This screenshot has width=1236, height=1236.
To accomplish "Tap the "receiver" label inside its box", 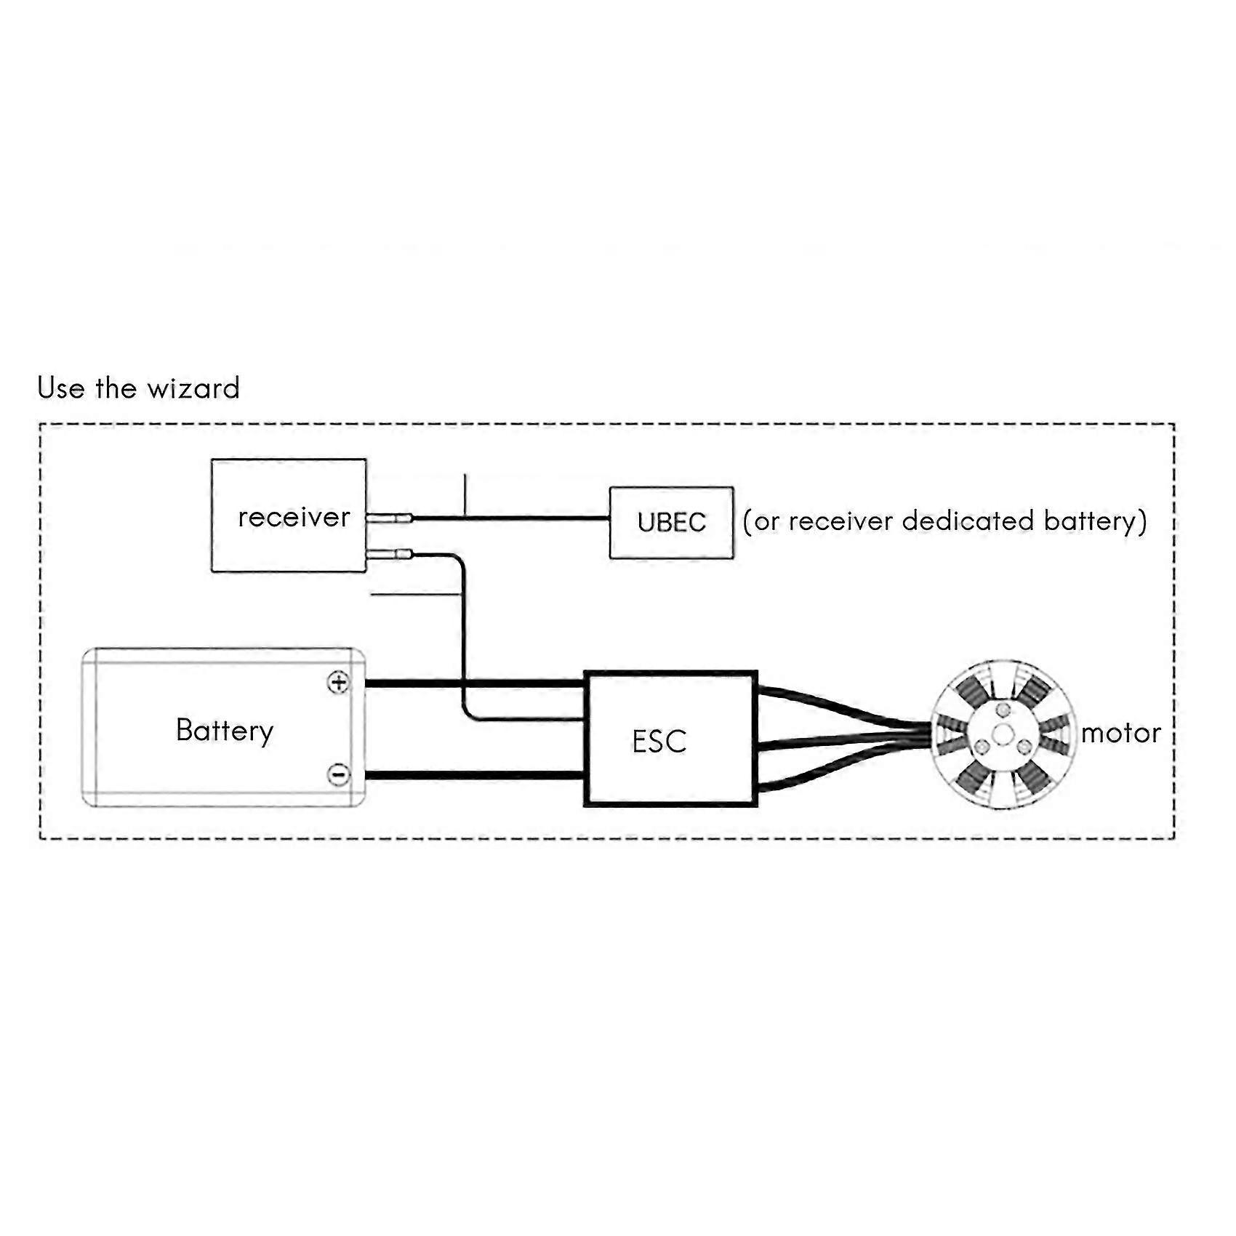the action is (294, 517).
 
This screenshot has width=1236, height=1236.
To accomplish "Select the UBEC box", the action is (671, 523).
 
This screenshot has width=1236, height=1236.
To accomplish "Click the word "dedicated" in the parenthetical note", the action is (968, 521).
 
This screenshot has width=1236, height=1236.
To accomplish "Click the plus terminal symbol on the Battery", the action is (338, 683).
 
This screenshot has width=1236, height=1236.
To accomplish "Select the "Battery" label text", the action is (225, 731).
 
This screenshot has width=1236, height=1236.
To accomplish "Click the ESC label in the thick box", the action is (659, 742).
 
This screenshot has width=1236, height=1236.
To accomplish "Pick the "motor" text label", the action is (1120, 733).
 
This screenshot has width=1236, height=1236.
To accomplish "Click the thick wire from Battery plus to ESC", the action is (475, 683).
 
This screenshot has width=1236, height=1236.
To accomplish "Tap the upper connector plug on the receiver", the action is (389, 518).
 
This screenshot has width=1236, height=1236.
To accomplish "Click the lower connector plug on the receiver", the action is (389, 555).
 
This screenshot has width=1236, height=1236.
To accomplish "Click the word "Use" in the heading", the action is (60, 388).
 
